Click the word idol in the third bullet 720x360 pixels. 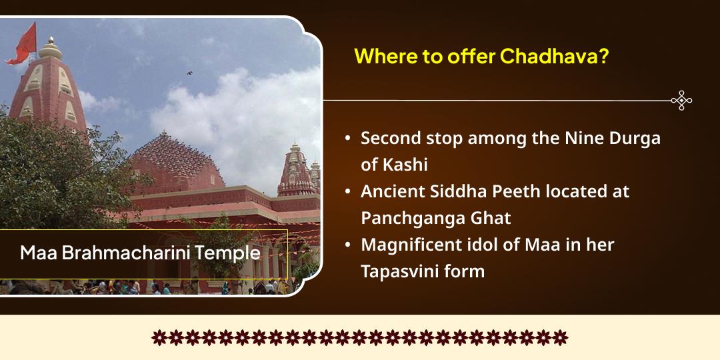[477, 245]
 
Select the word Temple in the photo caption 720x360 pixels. [231, 254]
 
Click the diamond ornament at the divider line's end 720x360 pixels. [681, 101]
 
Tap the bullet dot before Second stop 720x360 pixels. [348, 139]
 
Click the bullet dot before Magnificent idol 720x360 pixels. [348, 245]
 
